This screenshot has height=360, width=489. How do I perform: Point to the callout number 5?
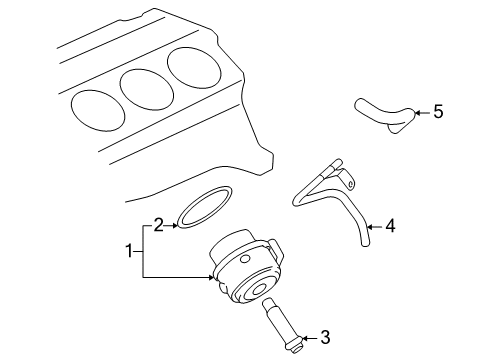pos(437,112)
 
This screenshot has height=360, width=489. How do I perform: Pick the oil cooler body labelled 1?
pos(250,272)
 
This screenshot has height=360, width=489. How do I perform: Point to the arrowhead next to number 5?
pos(417,112)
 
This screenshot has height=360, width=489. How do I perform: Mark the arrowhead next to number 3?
pos(304,336)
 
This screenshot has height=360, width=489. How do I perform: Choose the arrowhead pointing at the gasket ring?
pos(176,225)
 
